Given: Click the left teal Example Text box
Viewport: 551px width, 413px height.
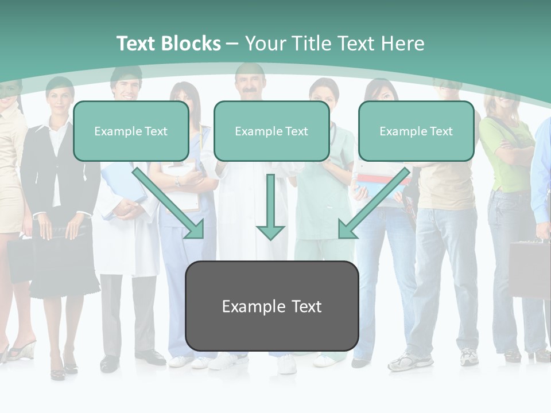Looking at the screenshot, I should point(131,131).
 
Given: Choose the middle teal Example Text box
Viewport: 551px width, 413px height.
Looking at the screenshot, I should point(271,131).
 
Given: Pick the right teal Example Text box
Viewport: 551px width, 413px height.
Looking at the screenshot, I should point(416,131).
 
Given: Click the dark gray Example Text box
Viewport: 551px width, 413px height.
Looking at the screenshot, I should point(272,306).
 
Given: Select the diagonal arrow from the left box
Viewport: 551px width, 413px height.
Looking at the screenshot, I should point(169,204).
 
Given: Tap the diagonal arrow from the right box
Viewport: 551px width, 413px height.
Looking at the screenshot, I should point(373,204).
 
